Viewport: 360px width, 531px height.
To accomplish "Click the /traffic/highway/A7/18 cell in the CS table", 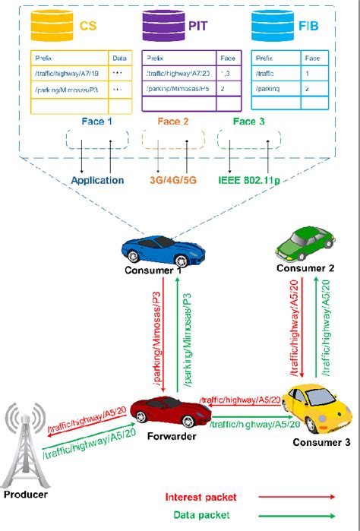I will click(62, 73).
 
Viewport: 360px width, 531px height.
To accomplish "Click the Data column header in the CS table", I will click(119, 57).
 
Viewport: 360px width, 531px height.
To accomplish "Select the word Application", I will click(97, 181).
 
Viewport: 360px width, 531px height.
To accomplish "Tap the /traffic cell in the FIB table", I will click(267, 73).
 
